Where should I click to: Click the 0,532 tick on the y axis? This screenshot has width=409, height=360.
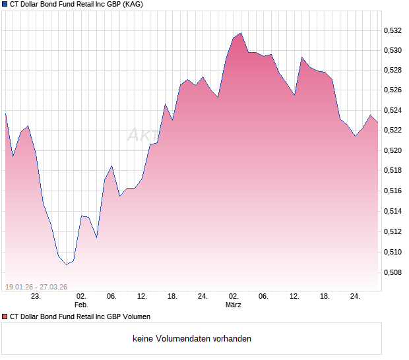pos(393,30)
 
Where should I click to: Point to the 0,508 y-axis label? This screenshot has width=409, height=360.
pos(393,272)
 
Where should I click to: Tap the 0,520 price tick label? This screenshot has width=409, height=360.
pos(393,150)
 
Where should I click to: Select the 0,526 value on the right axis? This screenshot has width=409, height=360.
pos(393,90)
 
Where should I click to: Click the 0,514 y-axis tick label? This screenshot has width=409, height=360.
pos(393,211)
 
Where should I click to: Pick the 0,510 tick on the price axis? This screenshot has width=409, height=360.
pos(393,252)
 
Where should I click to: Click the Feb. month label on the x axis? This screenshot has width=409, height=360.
pos(80,305)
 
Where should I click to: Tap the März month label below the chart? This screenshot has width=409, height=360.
pos(234,305)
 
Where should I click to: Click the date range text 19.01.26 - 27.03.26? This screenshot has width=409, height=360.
pos(36,286)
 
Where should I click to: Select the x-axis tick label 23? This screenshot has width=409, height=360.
pos(36,297)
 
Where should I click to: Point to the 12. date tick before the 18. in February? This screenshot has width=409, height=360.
pos(141,297)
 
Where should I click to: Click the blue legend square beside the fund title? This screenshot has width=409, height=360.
pos(5,4)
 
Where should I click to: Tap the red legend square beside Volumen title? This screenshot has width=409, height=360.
pos(5,316)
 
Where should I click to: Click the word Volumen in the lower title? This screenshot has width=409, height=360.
pos(135,316)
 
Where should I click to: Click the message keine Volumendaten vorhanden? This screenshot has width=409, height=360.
pos(192,339)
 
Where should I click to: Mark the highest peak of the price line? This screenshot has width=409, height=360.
pos(241,33)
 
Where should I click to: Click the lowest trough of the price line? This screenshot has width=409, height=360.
pos(66,264)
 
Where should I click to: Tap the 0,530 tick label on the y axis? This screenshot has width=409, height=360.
pos(393,50)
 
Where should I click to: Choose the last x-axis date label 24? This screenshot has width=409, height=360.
pos(355,297)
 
